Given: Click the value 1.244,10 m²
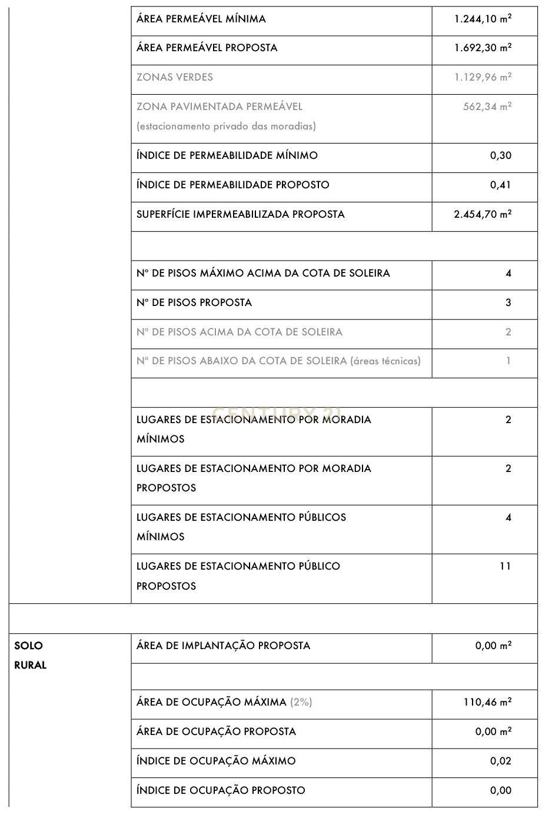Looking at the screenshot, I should pyautogui.click(x=483, y=19).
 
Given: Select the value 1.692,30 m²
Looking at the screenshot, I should pyautogui.click(x=483, y=48).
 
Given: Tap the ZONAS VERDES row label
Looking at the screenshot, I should pyautogui.click(x=175, y=77).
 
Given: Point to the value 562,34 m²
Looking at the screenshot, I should pyautogui.click(x=487, y=107).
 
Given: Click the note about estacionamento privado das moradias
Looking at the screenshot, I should pyautogui.click(x=226, y=126).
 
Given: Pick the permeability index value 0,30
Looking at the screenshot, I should pyautogui.click(x=501, y=155).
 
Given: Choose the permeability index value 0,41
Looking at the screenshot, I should pyautogui.click(x=501, y=185).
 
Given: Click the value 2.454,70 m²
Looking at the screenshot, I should pyautogui.click(x=483, y=214).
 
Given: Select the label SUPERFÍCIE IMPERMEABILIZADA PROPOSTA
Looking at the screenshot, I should pyautogui.click(x=240, y=214).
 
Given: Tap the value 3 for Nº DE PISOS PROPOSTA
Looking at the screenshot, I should pyautogui.click(x=508, y=302).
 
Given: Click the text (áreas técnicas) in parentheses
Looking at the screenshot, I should pyautogui.click(x=385, y=361).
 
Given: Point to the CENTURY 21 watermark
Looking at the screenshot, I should pyautogui.click(x=279, y=414).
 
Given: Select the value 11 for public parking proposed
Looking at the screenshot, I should pyautogui.click(x=505, y=566).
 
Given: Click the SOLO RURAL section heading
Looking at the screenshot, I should pyautogui.click(x=30, y=655).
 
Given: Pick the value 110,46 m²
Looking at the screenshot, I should pyautogui.click(x=487, y=702).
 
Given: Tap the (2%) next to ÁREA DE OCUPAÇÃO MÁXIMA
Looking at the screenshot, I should pyautogui.click(x=301, y=702).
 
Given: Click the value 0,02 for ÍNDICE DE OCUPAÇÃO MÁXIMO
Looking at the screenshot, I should pyautogui.click(x=501, y=761).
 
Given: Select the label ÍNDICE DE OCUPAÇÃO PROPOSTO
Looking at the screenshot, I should pyautogui.click(x=221, y=790).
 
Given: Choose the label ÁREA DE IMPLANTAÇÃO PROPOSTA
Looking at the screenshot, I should pyautogui.click(x=223, y=646).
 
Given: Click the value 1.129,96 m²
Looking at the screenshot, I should pyautogui.click(x=483, y=77).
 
